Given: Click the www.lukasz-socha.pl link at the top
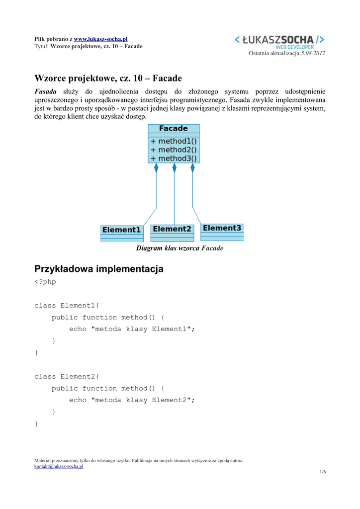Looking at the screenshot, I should click(x=100, y=39).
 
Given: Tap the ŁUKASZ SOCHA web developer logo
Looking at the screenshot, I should click(x=279, y=42).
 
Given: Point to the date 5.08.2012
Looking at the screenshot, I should click(x=313, y=53).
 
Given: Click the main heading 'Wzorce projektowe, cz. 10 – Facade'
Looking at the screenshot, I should click(x=108, y=78).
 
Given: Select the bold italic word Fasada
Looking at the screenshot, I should click(x=45, y=91).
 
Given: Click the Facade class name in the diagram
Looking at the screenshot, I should click(x=174, y=129).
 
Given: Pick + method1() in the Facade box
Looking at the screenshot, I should click(x=174, y=141).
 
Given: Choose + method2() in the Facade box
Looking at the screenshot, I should click(x=174, y=150).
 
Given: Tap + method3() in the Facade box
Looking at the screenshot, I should click(x=174, y=159).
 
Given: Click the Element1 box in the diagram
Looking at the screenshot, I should click(x=122, y=230).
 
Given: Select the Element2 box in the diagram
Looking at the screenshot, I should click(x=172, y=229).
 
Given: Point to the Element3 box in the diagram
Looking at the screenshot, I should click(x=222, y=228).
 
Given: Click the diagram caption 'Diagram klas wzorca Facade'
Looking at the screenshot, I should click(x=180, y=248).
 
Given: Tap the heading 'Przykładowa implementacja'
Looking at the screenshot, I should click(x=98, y=269).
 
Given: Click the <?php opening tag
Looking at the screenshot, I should click(x=45, y=282).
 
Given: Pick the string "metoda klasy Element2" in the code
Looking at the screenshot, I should click(x=143, y=400).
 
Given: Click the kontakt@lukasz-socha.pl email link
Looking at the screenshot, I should click(x=59, y=467).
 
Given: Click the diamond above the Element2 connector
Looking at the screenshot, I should click(x=174, y=168).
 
